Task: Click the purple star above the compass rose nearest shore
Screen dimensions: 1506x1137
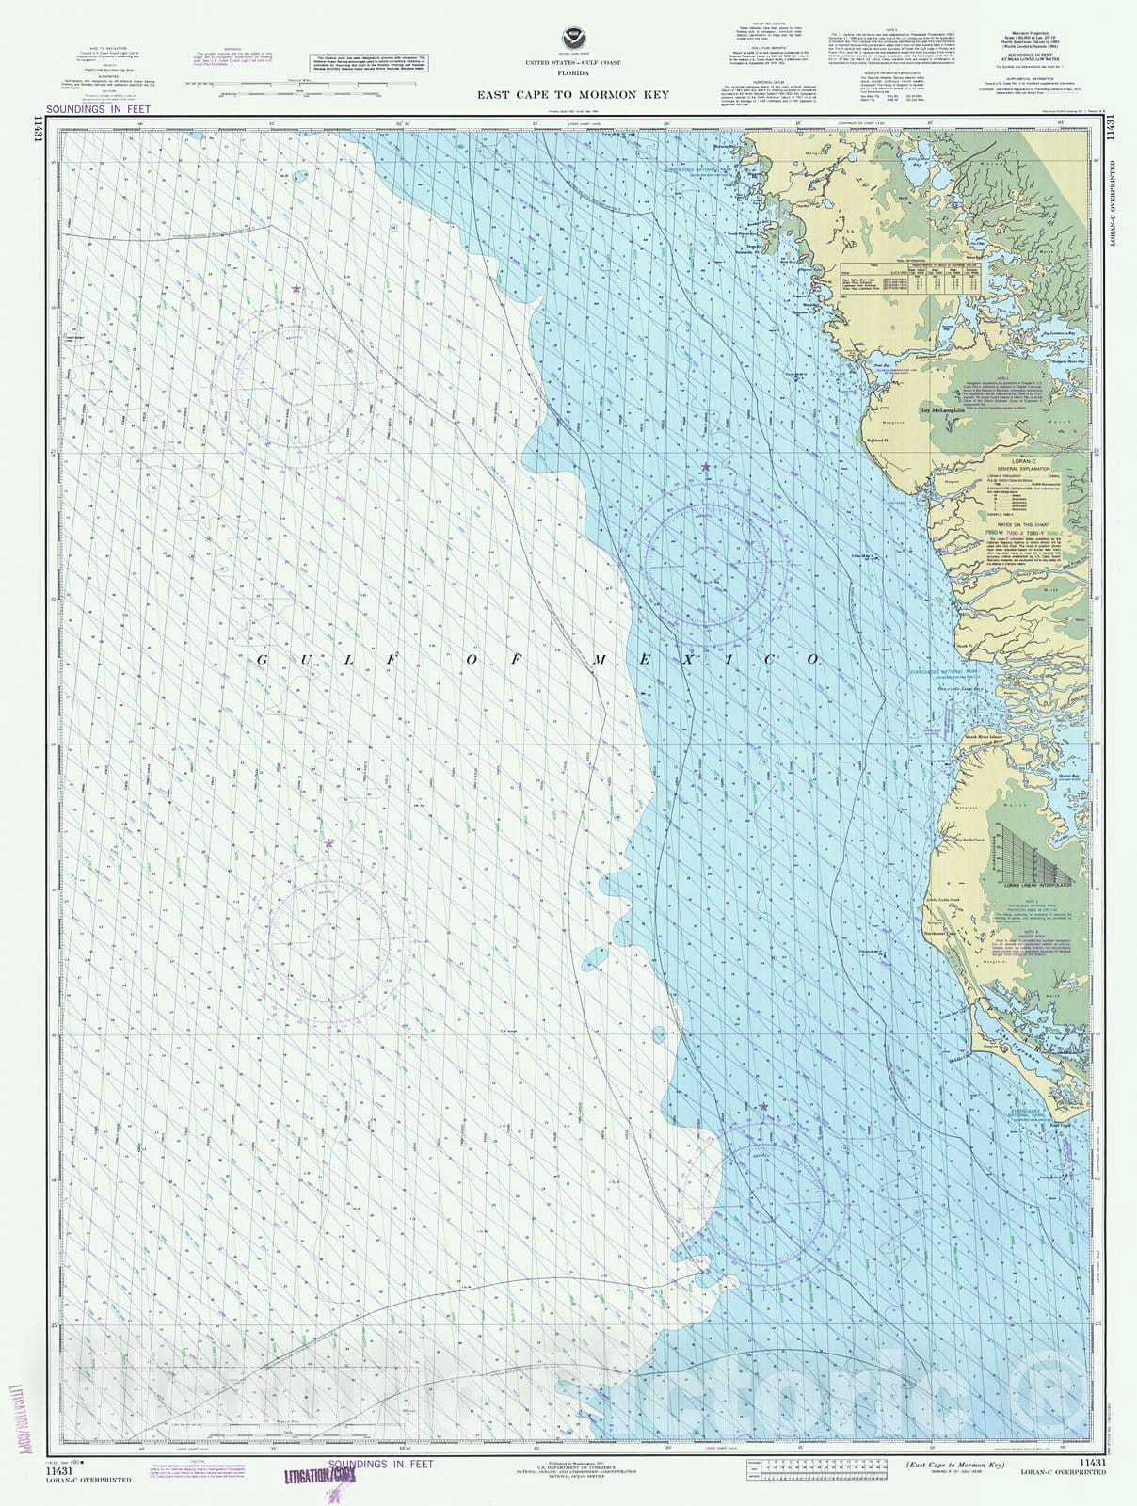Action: (705, 467)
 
